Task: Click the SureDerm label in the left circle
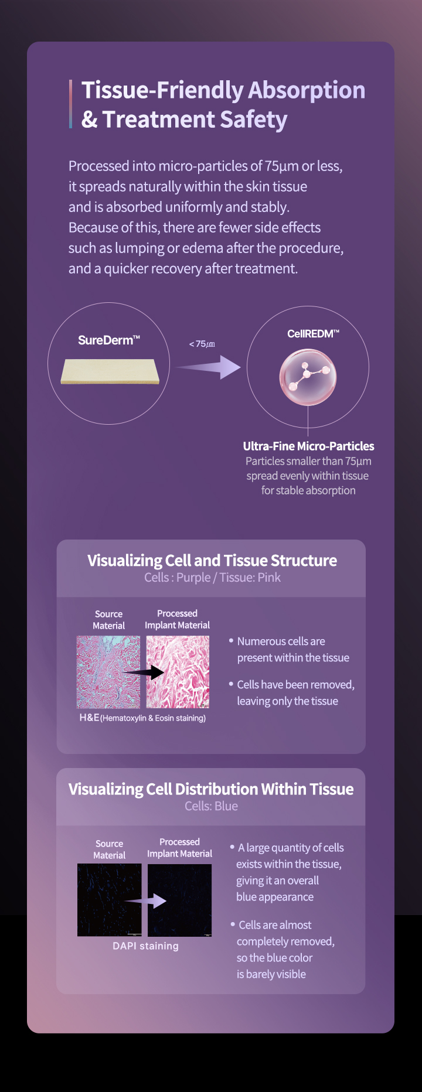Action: click(x=109, y=340)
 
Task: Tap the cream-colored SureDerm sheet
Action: click(x=110, y=371)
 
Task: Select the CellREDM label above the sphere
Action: click(x=313, y=333)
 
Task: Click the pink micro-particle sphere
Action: click(x=308, y=377)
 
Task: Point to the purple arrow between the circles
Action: click(x=208, y=367)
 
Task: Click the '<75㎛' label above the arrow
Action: click(x=202, y=344)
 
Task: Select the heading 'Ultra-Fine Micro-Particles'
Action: click(x=308, y=446)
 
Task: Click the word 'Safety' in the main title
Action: click(x=253, y=120)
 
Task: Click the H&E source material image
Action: click(x=108, y=672)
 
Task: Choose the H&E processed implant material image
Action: click(x=178, y=672)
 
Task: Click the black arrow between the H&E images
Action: click(x=144, y=672)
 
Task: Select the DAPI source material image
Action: click(x=109, y=900)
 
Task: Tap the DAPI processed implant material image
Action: click(x=179, y=900)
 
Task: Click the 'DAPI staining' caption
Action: click(x=145, y=946)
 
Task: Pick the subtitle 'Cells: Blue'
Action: click(x=211, y=806)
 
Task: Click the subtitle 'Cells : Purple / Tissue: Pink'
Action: click(x=212, y=578)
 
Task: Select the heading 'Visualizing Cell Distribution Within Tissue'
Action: click(x=211, y=789)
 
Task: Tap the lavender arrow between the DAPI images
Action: click(x=145, y=900)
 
